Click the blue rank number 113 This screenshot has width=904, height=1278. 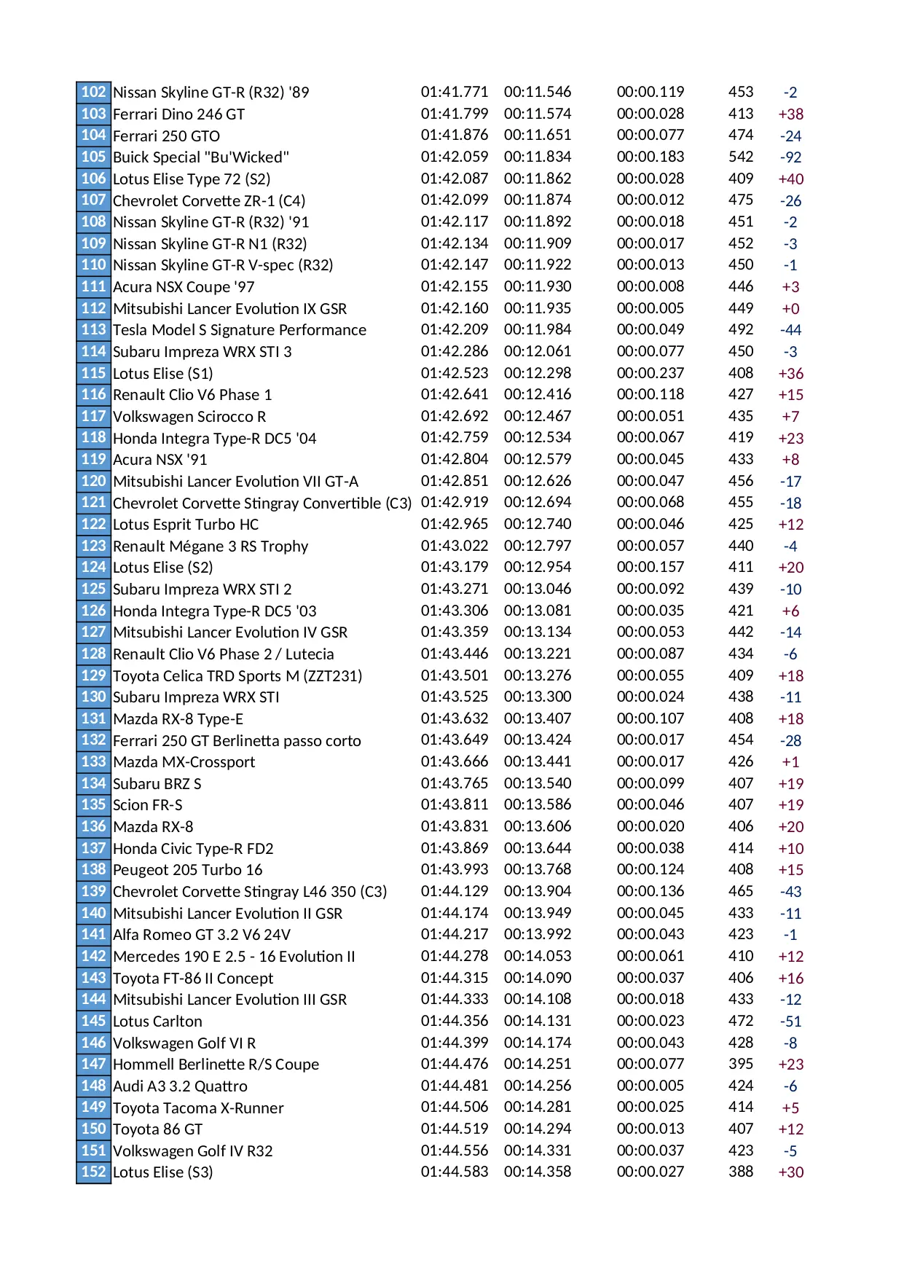coord(93,329)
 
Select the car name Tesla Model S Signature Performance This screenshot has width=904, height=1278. coord(239,330)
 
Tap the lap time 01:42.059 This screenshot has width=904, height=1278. coord(454,157)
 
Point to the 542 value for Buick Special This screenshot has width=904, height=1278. coord(740,157)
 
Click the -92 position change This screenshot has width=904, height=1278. coord(790,157)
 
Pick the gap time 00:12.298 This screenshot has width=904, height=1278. coord(537,373)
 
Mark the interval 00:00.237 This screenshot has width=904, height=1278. coord(650,373)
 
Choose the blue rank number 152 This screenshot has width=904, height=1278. coord(93,1172)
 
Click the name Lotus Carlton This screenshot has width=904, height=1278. coord(157,1021)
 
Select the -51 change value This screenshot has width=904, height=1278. coord(790,1022)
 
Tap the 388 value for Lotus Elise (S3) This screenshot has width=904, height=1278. coord(740,1172)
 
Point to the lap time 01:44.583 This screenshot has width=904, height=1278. coord(454,1172)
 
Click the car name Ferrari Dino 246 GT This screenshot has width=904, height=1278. coord(178,114)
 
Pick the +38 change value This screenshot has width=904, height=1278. coord(790,114)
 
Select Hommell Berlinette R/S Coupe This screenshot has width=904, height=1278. coord(216,1065)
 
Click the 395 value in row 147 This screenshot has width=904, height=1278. coord(740,1064)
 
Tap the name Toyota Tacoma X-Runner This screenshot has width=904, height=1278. coord(198,1108)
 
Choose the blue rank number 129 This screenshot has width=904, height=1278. coord(93,675)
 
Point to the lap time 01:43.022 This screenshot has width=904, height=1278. coord(454,546)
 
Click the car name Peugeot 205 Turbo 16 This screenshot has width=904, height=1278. coord(187,870)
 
